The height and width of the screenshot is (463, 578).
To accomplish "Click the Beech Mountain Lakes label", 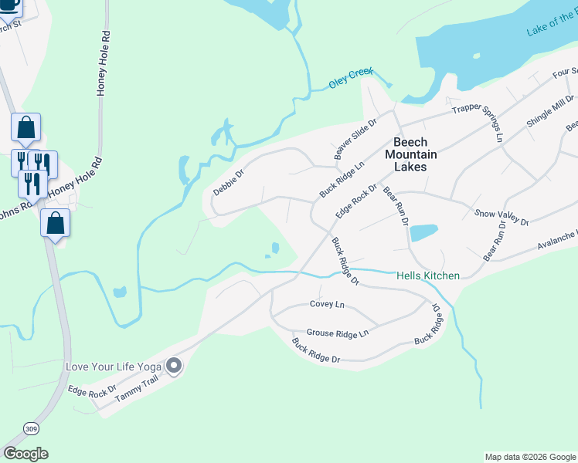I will (x=415, y=154).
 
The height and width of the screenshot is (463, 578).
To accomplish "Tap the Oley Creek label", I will (x=350, y=78).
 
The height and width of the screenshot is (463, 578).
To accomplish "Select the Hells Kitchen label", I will (x=427, y=275).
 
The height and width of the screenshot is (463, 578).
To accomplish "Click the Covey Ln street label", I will (x=326, y=304).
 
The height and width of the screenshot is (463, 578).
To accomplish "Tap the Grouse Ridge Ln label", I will (x=338, y=333).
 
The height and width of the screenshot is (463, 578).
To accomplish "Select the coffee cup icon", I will (x=8, y=5).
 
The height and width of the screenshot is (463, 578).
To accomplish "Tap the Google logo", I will (x=25, y=453).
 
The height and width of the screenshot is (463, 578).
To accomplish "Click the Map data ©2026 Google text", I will (x=529, y=457).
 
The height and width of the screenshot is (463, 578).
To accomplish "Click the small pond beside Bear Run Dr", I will (x=423, y=232).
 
